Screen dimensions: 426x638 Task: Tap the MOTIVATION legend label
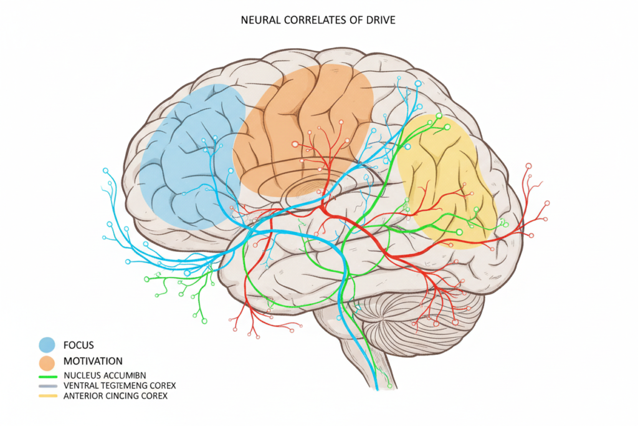(x=93, y=361)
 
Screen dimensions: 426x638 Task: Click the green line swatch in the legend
(x=48, y=375)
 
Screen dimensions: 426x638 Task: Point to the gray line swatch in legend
(x=48, y=385)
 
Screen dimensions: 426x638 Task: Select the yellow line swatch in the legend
(x=48, y=396)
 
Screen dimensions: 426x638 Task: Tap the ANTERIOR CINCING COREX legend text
(x=115, y=396)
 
